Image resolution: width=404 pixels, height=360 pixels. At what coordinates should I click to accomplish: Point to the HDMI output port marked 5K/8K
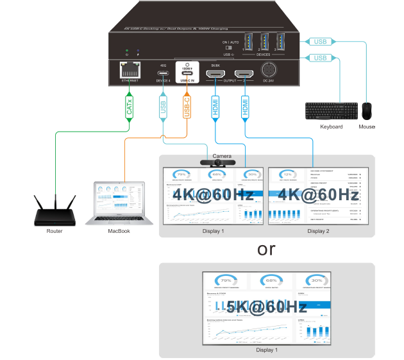tap(215, 76)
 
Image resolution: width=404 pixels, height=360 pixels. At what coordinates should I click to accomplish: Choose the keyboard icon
tap(331, 111)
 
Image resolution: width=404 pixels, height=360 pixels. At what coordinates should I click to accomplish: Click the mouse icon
tap(367, 111)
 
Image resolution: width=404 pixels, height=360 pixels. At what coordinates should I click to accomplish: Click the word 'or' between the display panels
tap(265, 249)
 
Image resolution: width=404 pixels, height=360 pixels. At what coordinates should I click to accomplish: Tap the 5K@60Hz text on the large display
tap(265, 306)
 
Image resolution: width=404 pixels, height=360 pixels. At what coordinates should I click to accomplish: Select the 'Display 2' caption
tap(318, 231)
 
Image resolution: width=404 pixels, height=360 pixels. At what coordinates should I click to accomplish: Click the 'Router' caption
tap(55, 231)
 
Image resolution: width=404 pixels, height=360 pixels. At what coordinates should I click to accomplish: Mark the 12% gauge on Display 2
tap(287, 175)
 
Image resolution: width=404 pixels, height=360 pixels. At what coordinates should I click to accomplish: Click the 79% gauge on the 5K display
tap(226, 281)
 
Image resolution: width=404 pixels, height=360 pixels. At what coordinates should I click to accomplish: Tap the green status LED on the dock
tap(127, 50)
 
